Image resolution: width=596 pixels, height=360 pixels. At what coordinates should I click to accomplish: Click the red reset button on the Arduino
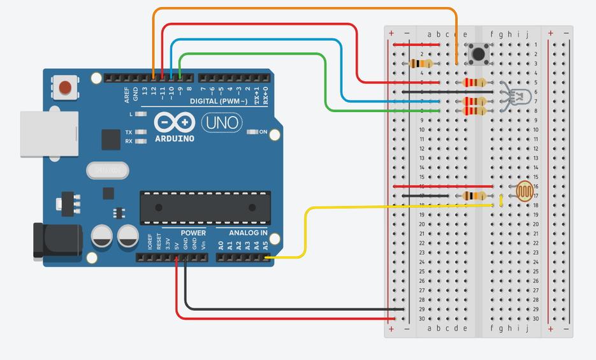64,87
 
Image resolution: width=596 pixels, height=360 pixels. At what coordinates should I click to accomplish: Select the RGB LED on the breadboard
520,96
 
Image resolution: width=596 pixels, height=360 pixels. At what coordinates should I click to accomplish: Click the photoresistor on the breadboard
525,190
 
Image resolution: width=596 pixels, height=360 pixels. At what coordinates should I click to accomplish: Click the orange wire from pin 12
306,9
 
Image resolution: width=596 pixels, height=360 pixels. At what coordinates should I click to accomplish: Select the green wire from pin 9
255,54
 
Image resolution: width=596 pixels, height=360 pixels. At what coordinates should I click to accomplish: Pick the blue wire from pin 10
255,40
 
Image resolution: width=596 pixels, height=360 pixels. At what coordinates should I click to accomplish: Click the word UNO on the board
222,122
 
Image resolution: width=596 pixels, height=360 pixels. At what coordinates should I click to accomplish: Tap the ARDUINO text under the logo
175,138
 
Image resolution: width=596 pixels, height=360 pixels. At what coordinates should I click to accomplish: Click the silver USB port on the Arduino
49,134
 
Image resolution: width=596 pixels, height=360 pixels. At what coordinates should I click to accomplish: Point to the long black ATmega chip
205,208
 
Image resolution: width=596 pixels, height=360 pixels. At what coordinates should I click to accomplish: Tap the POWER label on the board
193,233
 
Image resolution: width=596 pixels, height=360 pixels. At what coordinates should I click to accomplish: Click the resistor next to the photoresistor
474,196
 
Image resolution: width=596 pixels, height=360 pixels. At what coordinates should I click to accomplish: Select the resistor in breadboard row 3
421,63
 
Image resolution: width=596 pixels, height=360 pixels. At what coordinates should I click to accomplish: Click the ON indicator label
263,132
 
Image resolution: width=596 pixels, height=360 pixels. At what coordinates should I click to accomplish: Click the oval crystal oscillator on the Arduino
108,170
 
